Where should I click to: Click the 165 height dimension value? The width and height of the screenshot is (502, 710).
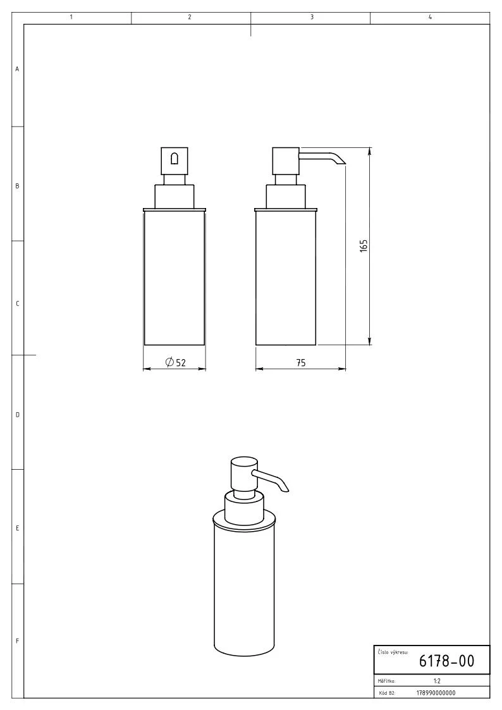tap(364, 246)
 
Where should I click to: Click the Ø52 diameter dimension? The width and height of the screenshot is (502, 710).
tap(175, 362)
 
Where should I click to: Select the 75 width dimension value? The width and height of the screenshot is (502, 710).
tap(300, 362)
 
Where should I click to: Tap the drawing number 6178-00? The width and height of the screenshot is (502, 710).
tap(446, 661)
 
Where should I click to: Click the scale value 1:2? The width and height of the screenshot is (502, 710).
tap(436, 682)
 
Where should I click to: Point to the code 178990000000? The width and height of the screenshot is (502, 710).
tap(436, 692)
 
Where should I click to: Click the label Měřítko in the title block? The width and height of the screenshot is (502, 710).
tap(386, 682)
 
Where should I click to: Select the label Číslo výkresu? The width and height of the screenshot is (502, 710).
tap(393, 651)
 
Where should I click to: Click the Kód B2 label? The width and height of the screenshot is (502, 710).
tap(386, 693)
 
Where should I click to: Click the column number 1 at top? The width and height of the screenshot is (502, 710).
tap(71, 17)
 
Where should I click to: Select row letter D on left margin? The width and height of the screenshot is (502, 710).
tap(17, 415)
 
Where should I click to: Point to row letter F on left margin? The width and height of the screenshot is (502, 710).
tap(17, 641)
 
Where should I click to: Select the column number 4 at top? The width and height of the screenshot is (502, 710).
tap(430, 17)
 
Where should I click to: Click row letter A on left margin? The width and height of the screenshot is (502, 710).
tap(17, 69)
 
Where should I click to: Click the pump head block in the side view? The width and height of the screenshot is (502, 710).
tap(285, 161)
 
